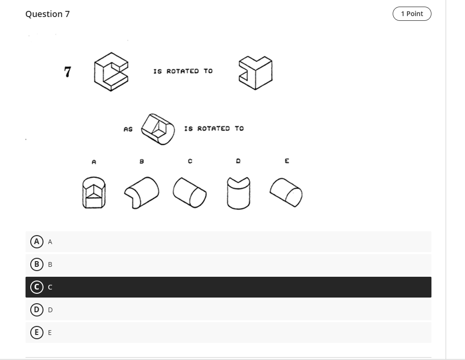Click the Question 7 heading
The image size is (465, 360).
coord(48,14)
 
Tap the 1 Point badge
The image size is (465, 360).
coord(412,14)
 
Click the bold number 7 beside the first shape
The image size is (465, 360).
coord(68,72)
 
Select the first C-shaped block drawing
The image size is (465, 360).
coord(111,71)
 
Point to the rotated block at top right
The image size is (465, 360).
coord(255,72)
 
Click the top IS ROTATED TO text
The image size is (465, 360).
coord(183,71)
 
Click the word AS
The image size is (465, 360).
coord(128,129)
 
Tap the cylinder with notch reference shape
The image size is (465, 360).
coord(159,128)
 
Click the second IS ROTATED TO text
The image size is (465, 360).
coord(214,129)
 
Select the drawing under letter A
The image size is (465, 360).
coord(94,193)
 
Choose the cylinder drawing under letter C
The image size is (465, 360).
coord(189,192)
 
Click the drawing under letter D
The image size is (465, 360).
coord(239,193)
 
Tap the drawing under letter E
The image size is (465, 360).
coord(286,193)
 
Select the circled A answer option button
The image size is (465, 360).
coord(36,242)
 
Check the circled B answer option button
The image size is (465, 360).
coord(36,264)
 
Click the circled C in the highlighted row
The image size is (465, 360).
coord(36,287)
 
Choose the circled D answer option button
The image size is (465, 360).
coord(36,310)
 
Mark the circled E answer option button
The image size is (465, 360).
coord(36,333)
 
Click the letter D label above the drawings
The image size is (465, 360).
coord(238,161)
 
